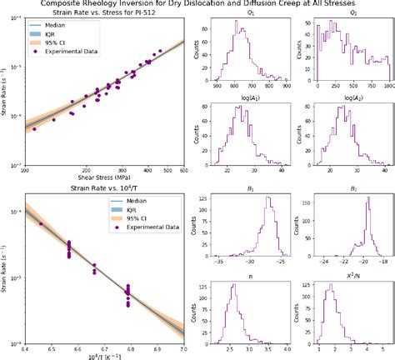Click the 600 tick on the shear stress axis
click(x=183, y=169)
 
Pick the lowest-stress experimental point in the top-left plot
click(x=54, y=119)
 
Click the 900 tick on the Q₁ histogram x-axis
click(x=287, y=87)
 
